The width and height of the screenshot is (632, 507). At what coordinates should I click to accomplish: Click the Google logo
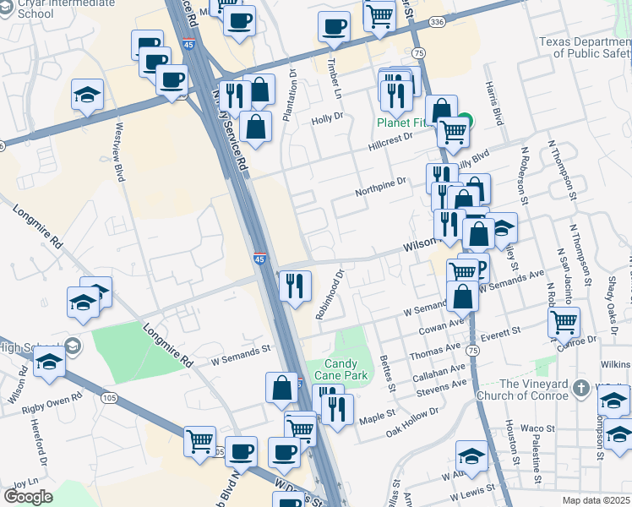(x=28, y=496)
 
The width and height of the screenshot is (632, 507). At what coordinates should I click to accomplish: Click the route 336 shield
(x=436, y=21)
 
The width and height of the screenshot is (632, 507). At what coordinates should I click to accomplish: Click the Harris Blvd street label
(x=494, y=106)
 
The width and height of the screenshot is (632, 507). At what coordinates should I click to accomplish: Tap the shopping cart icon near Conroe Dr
(x=564, y=321)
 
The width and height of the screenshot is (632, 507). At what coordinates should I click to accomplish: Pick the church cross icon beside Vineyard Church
(x=580, y=388)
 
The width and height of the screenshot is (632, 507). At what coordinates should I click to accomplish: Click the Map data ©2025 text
(x=595, y=500)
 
